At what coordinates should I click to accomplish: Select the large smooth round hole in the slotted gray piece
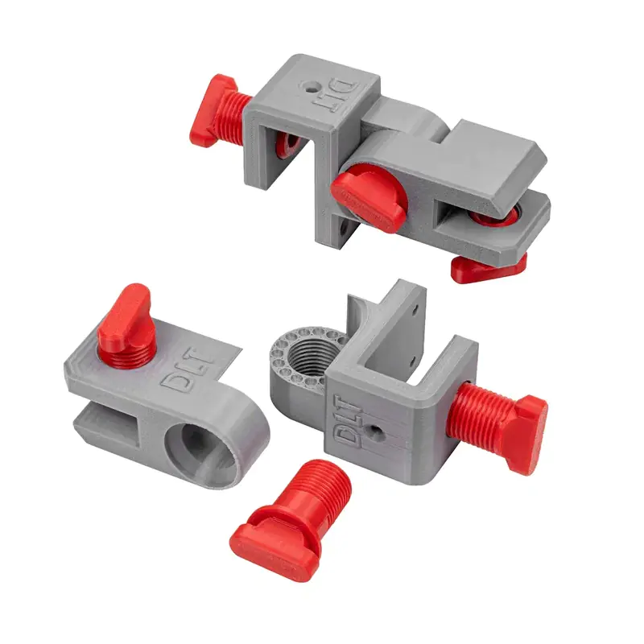tap(201, 449)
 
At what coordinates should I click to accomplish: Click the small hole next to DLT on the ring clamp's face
tap(374, 430)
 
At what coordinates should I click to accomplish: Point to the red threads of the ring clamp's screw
tap(480, 413)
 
